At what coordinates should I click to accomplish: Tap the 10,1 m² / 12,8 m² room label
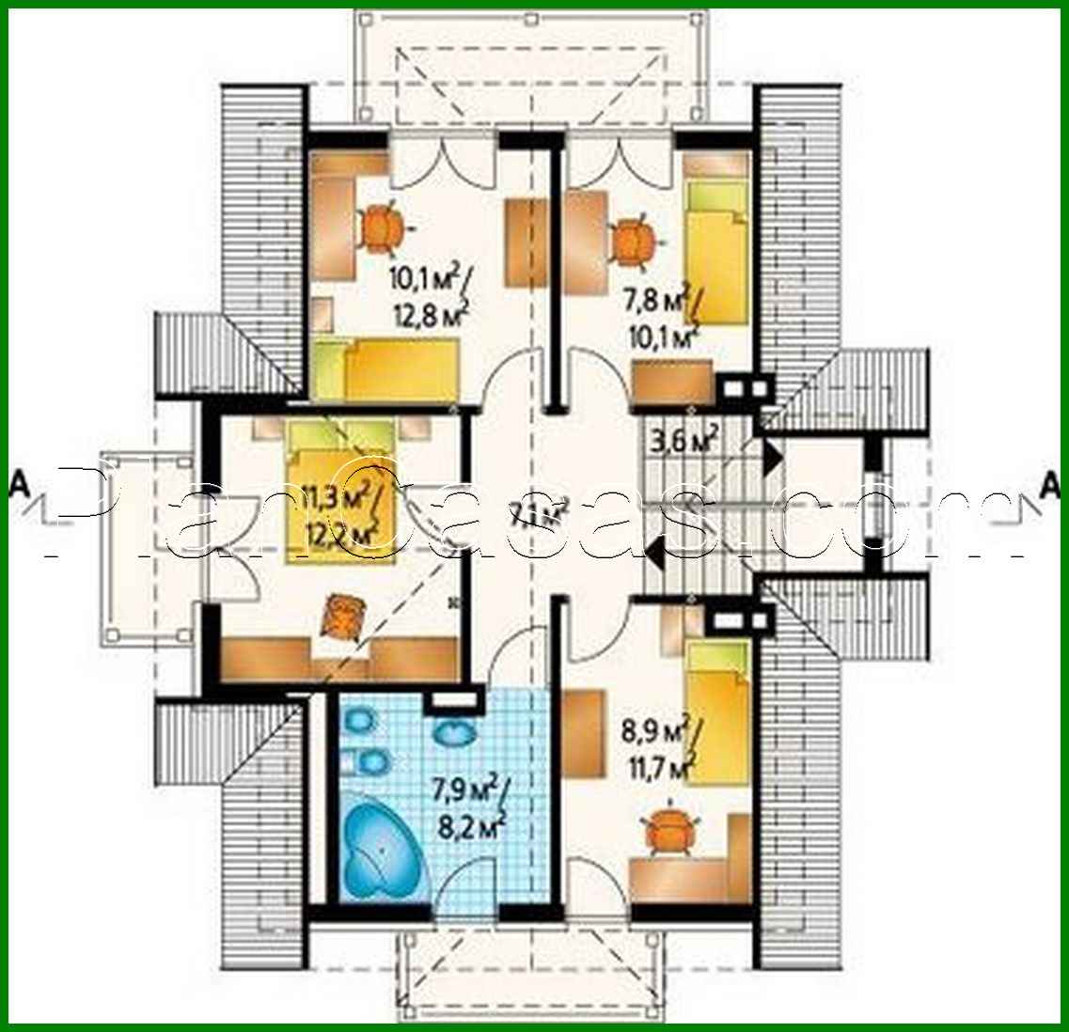point(429,293)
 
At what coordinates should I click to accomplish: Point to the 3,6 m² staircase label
point(684,439)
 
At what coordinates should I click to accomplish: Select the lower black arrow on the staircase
point(656,560)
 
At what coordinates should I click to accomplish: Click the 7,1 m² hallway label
point(540,513)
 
